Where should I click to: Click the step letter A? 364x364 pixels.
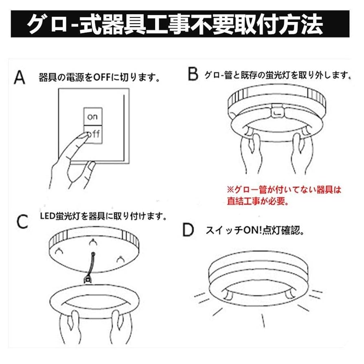point(19,77)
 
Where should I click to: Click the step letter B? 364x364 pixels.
point(193,74)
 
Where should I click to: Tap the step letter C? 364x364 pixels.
point(23,221)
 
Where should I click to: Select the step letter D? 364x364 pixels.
point(188,230)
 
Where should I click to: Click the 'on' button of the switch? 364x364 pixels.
point(93,117)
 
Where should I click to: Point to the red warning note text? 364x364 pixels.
point(283,195)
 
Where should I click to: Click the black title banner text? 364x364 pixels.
point(175,25)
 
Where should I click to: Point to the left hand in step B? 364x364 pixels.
point(249,153)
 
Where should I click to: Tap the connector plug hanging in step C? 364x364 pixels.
point(87,280)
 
